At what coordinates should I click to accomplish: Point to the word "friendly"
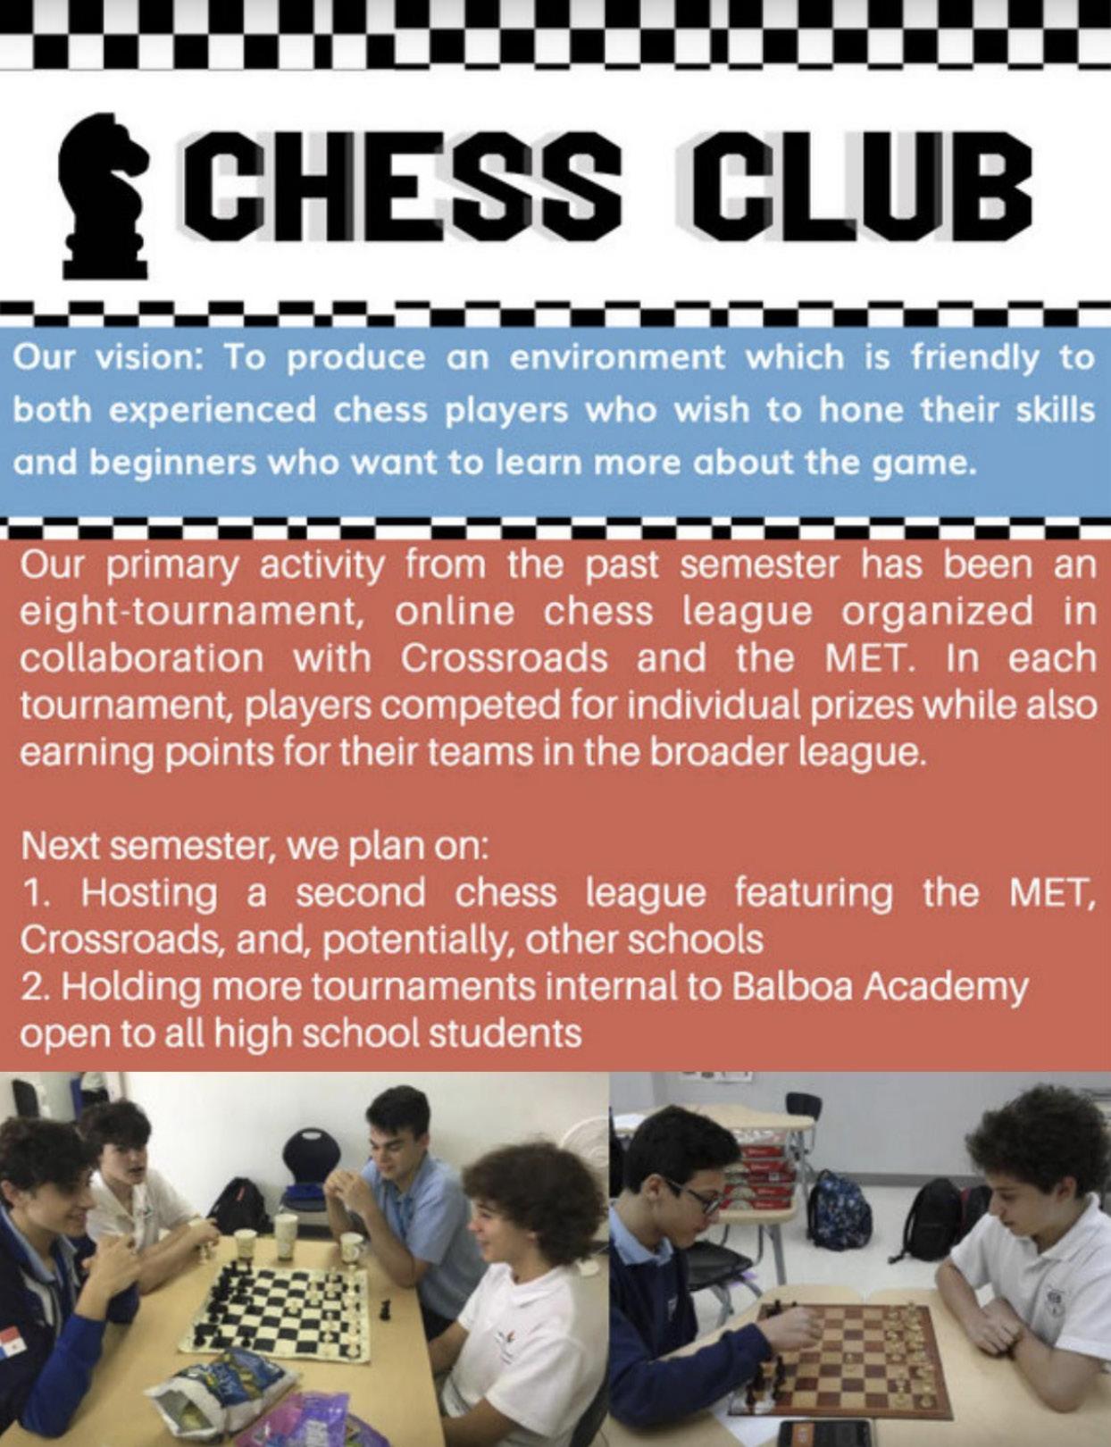pos(974,358)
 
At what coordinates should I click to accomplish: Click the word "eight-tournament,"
pos(197,613)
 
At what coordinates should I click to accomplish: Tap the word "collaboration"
pos(142,659)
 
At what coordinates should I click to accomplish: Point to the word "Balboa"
pos(789,987)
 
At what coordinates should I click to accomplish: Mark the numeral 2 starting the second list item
pos(31,987)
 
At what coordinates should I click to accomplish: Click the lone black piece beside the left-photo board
pos(386,1309)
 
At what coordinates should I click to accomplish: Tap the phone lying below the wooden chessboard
pos(822,1434)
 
